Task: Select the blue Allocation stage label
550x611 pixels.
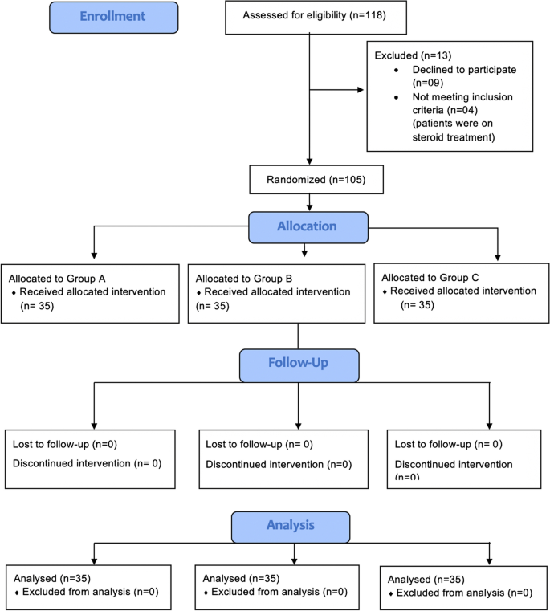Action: point(308,226)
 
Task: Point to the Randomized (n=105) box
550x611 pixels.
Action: point(310,180)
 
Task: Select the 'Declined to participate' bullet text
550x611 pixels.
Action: point(454,70)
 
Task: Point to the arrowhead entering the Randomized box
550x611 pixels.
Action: point(310,163)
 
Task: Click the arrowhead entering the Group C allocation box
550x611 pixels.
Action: point(498,258)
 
